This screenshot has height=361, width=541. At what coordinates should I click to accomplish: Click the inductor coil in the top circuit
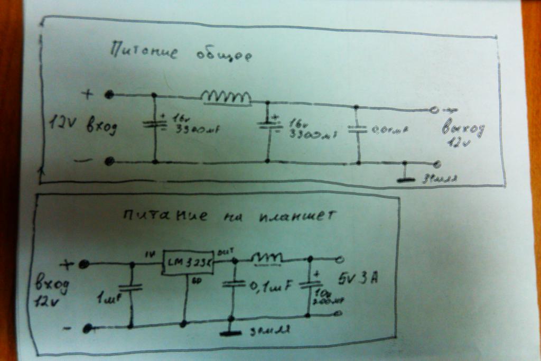point(226,97)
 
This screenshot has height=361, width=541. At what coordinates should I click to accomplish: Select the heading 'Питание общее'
point(179,53)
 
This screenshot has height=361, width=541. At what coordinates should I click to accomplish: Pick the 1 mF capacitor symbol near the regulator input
point(131,288)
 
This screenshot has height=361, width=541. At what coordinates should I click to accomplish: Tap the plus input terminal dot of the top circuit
point(109,95)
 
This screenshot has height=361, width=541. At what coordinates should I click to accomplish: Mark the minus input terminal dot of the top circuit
point(109,161)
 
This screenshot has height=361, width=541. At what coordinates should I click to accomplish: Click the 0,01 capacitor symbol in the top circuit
point(358,128)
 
